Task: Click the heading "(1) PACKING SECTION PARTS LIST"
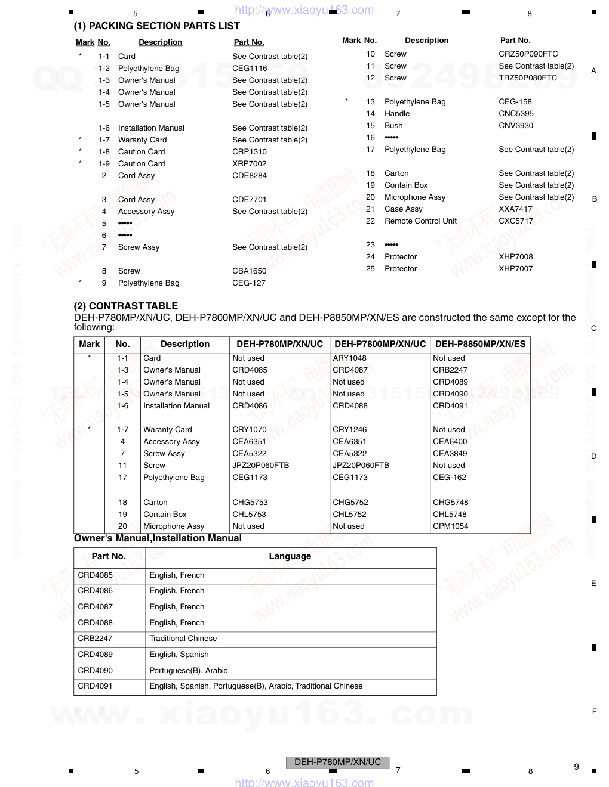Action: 156,26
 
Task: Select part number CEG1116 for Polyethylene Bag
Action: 250,69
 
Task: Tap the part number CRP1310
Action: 250,152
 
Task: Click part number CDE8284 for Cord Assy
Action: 250,176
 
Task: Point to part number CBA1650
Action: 250,271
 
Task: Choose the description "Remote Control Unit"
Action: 420,221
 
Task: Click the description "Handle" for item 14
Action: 397,114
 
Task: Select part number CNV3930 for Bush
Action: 516,126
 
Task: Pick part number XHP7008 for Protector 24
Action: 516,257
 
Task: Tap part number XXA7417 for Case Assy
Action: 515,209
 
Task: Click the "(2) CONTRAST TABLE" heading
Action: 125,306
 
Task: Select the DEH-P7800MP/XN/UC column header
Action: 380,344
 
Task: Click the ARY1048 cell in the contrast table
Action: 349,358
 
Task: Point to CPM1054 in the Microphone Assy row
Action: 450,526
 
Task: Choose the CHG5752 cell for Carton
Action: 350,503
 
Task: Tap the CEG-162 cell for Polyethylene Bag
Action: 449,478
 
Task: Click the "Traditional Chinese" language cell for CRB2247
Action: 183,639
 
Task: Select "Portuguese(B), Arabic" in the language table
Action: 188,671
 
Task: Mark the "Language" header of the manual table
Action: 290,556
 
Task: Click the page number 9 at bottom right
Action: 576,767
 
